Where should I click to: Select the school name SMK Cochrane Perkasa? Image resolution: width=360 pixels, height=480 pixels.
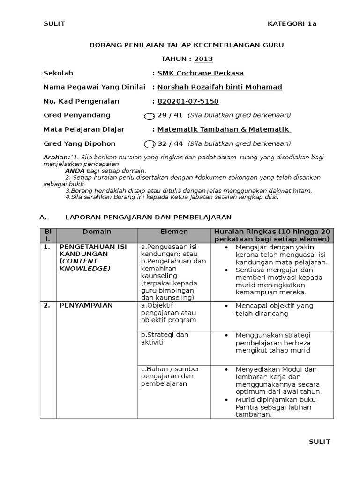201,73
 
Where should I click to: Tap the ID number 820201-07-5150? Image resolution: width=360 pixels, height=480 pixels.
188,101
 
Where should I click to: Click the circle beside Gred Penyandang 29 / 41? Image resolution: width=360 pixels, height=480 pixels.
148,116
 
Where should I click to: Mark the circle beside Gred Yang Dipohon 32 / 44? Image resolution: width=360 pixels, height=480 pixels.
148,144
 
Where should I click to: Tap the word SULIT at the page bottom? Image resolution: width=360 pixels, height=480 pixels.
319,442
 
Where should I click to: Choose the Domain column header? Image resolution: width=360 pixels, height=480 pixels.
97,232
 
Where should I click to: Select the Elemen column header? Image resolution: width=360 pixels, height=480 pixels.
174,232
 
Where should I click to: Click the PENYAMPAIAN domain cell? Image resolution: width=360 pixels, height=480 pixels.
86,305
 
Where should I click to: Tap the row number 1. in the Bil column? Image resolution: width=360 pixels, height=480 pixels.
47,246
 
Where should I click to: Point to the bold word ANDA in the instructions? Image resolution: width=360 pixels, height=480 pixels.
75,171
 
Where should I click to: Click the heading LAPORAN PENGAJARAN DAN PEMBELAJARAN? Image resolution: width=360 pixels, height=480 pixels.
148,217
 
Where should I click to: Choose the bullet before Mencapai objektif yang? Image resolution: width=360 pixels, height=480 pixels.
226,306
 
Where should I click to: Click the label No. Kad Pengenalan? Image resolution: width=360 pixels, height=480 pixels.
81,101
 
